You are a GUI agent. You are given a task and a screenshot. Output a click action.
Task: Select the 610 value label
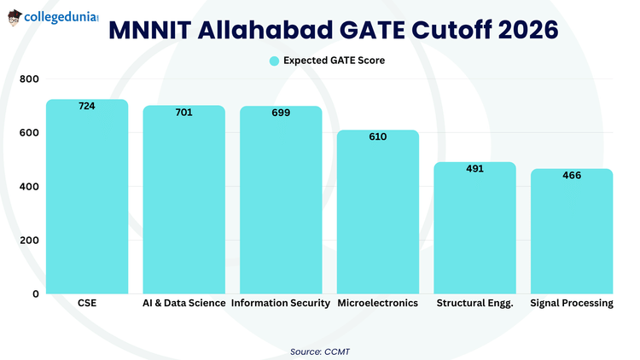(378, 136)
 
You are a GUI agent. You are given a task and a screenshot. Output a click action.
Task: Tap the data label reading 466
(572, 175)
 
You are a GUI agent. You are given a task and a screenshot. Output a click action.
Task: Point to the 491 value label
(474, 168)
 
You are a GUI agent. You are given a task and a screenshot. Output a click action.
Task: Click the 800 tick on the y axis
(30, 79)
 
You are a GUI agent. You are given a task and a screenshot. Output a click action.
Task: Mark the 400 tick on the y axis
(30, 187)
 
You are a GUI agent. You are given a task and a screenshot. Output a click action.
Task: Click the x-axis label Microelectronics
(378, 304)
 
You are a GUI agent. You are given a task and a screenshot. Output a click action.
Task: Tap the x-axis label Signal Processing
(572, 304)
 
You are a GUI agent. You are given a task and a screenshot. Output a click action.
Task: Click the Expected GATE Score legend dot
(274, 61)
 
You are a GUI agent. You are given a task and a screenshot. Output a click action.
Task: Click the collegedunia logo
(51, 16)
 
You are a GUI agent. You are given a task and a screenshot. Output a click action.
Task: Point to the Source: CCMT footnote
(320, 350)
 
